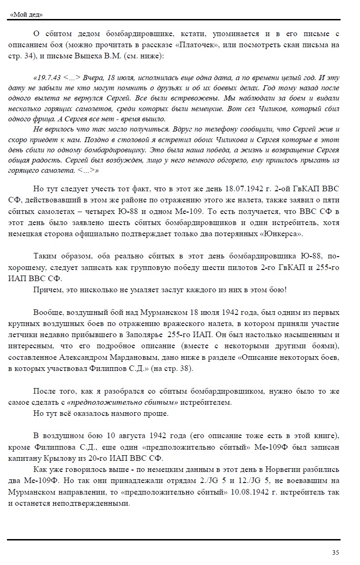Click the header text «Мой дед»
[26, 14]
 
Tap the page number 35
[335, 552]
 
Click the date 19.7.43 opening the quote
[47, 77]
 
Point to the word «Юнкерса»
[283, 234]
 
